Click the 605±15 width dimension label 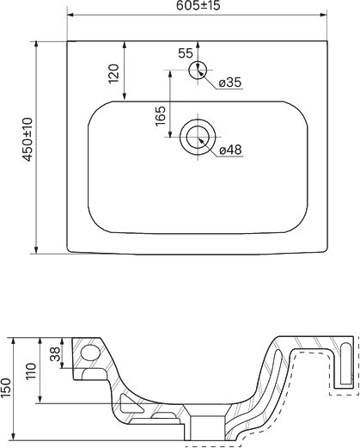coord(198,5)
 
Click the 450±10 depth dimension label coord(28,139)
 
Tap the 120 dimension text coord(113,73)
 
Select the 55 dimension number coord(186,53)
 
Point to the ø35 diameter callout coord(230,83)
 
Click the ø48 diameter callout coord(230,150)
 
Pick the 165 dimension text coord(161,116)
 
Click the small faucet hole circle coord(198,70)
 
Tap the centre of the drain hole coord(198,137)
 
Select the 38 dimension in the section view coord(55,354)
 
